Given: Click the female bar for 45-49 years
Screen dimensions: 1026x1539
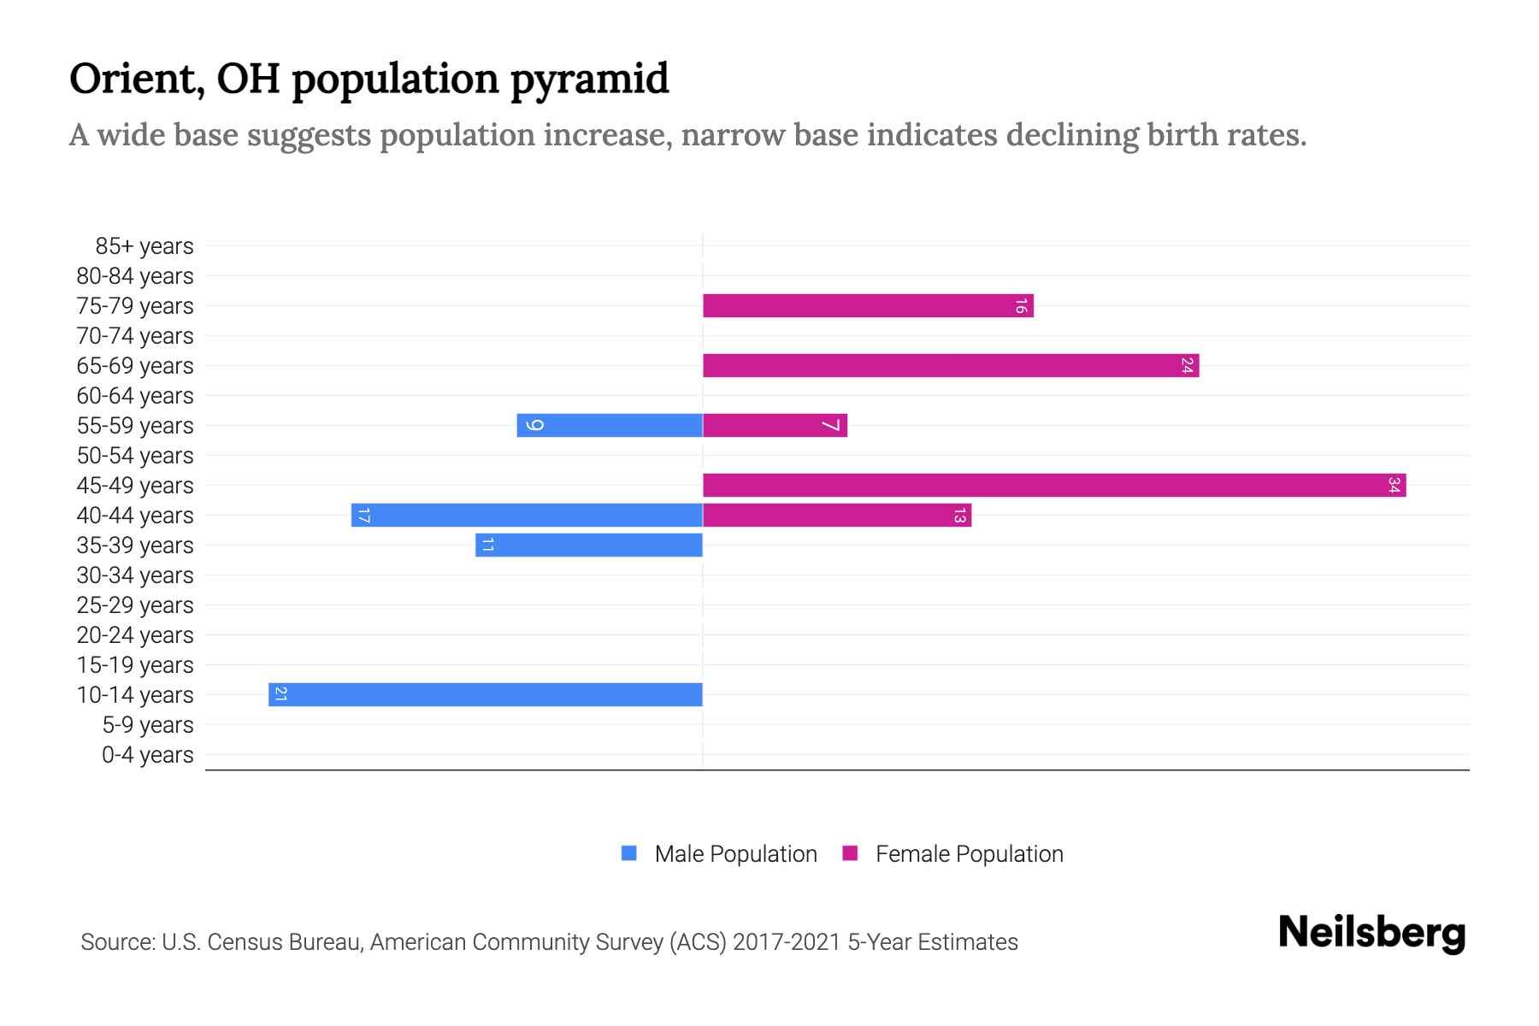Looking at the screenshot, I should (x=1053, y=485).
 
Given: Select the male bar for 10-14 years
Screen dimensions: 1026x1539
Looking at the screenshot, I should (x=485, y=694).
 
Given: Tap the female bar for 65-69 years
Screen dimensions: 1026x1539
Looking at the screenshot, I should (x=950, y=365).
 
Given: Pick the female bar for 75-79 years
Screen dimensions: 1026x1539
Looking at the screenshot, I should (x=867, y=305).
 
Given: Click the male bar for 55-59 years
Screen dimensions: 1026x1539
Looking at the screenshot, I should (x=610, y=425).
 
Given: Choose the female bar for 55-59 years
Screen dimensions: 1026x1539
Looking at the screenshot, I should (x=775, y=425).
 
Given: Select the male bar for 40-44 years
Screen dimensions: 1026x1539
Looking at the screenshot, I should (x=527, y=515).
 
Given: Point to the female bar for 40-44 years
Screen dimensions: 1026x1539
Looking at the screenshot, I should (x=836, y=515).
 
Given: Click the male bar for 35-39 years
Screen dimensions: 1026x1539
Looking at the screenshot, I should (x=589, y=545).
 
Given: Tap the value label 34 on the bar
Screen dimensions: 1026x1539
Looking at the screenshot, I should (x=1394, y=485).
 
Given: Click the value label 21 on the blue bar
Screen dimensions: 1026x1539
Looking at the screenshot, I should (x=280, y=694).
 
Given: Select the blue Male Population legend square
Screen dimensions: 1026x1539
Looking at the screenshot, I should (x=629, y=853).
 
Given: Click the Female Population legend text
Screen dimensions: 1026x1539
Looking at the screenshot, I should (x=969, y=853).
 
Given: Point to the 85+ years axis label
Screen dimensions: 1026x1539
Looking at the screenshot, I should (x=144, y=246).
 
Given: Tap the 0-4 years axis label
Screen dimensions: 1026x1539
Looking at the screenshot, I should (x=147, y=755).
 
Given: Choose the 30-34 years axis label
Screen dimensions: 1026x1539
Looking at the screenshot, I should (x=135, y=575).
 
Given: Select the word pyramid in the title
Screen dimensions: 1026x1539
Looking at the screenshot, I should (x=589, y=80).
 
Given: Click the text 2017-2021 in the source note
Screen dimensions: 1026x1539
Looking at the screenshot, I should (x=787, y=942).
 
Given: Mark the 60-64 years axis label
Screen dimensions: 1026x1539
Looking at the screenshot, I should (x=135, y=396).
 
